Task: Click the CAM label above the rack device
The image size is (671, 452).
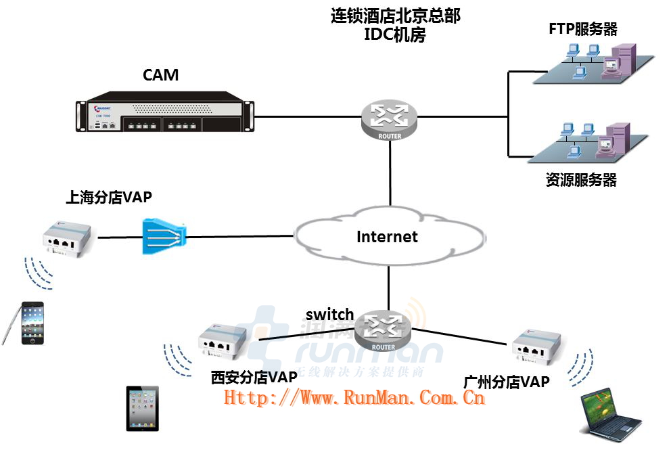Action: tap(160, 74)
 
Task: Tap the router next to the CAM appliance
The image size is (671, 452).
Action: tap(390, 120)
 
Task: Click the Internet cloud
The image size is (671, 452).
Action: tap(388, 237)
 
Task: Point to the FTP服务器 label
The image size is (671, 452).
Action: tap(583, 29)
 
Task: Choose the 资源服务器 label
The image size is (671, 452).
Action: tap(581, 181)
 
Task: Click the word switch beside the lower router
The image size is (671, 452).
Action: tap(329, 314)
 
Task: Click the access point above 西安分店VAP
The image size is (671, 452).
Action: tap(223, 342)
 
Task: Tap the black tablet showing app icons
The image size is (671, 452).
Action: tap(143, 408)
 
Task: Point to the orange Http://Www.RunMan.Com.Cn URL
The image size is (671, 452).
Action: tap(354, 397)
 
